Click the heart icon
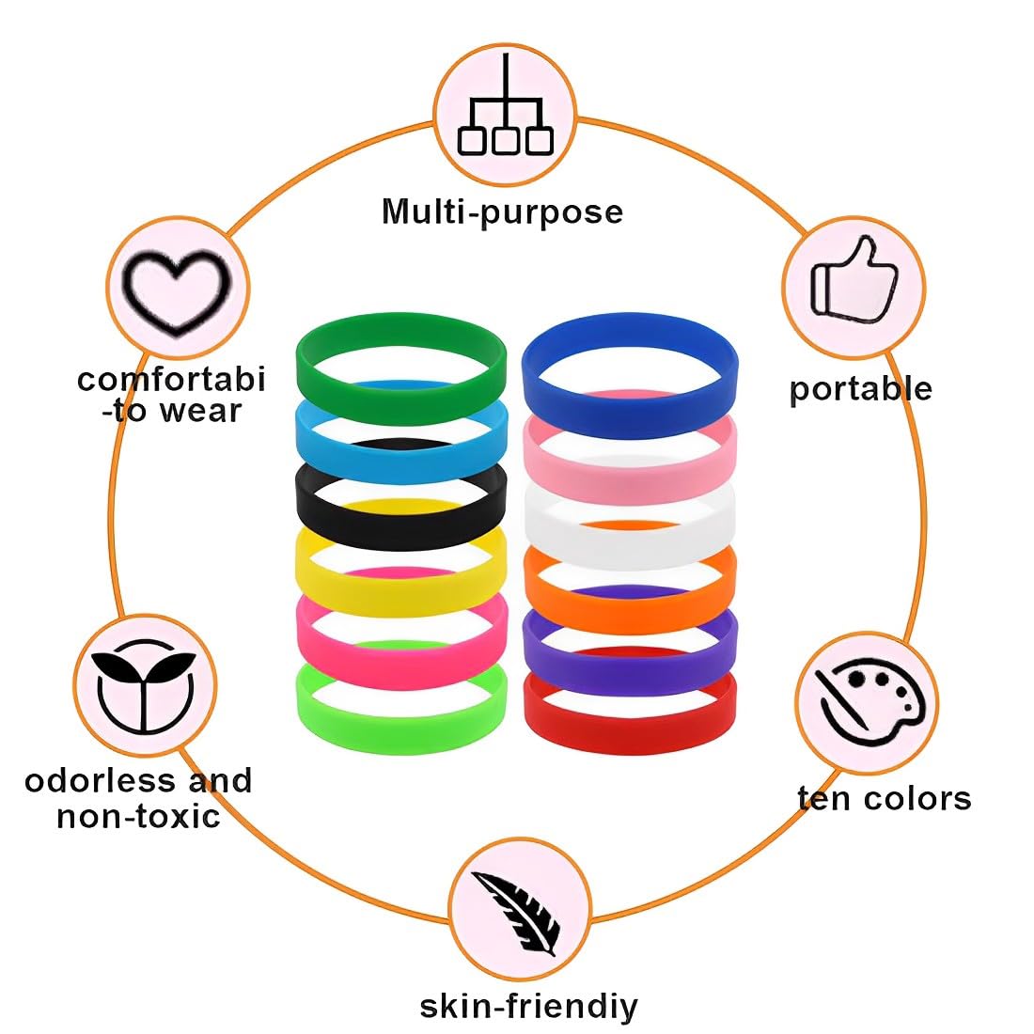click(x=179, y=286)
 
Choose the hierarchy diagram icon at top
click(x=506, y=114)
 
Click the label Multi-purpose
click(x=502, y=211)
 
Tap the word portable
click(x=860, y=388)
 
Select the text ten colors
click(x=884, y=798)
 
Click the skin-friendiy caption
click(x=528, y=1006)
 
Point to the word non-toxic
click(x=138, y=815)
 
